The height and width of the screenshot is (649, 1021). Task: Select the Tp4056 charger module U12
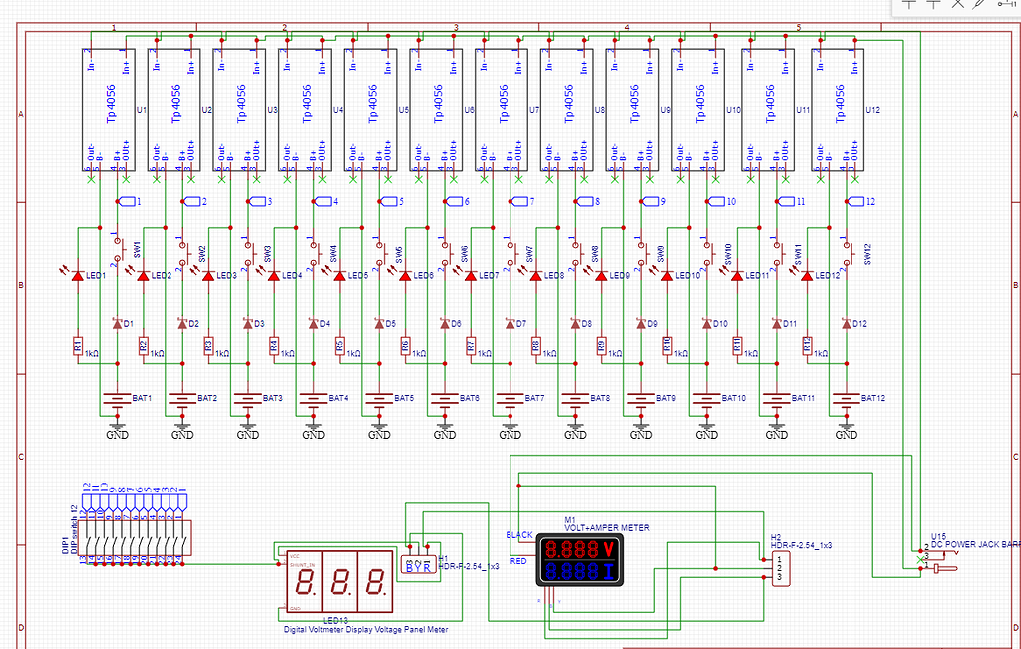pyautogui.click(x=838, y=110)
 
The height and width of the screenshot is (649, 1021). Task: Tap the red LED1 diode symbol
pyautogui.click(x=77, y=273)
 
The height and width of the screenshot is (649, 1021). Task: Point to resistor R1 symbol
pyautogui.click(x=77, y=346)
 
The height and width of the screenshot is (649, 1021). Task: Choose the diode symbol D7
pyautogui.click(x=510, y=323)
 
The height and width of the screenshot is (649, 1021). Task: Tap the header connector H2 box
pyautogui.click(x=779, y=569)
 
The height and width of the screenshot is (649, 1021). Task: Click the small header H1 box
pyautogui.click(x=418, y=564)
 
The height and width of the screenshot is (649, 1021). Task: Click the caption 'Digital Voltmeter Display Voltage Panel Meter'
pyautogui.click(x=366, y=629)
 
